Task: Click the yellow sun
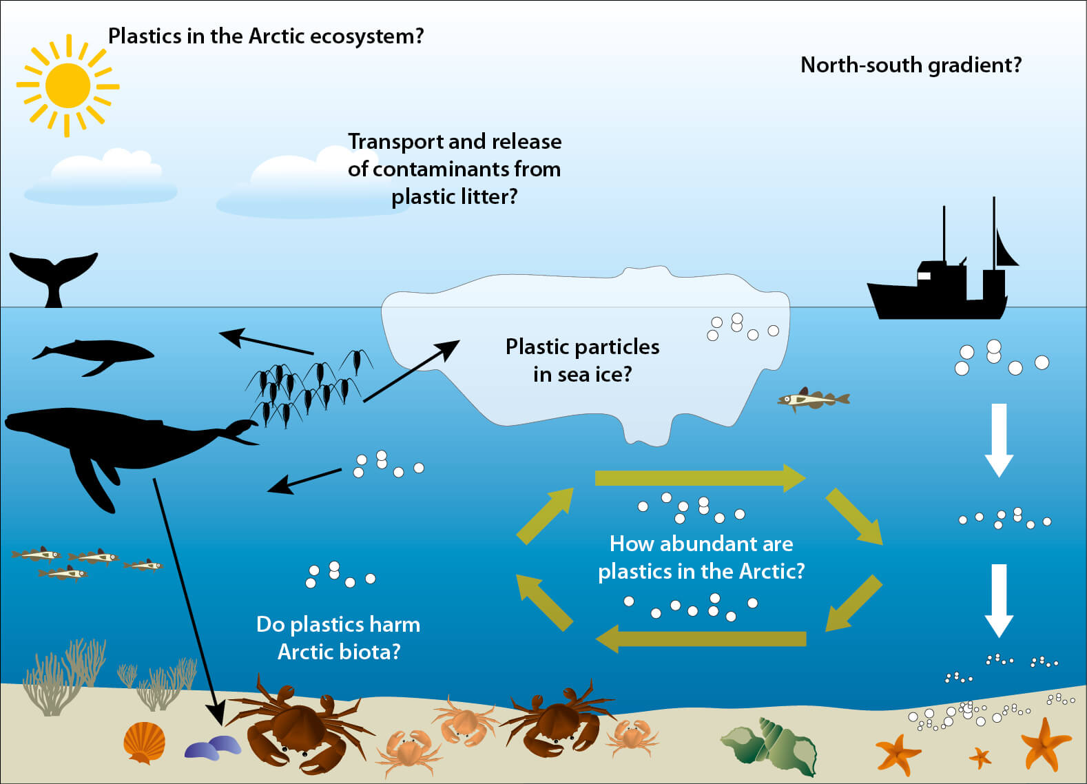68,85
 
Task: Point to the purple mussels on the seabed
213,747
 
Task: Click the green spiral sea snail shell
772,747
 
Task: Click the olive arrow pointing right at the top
699,477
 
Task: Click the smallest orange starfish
980,758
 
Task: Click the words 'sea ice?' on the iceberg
582,374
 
